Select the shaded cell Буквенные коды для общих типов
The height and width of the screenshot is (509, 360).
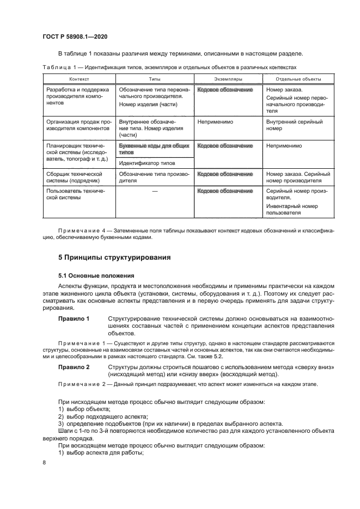tap(154, 149)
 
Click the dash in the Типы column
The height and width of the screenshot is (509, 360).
tap(155, 192)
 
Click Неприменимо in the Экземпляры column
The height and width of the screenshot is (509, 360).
tap(215, 122)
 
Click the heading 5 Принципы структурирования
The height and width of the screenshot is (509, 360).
tap(114, 257)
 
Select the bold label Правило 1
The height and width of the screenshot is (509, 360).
tap(74, 318)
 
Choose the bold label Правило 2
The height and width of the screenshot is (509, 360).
tap(74, 368)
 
